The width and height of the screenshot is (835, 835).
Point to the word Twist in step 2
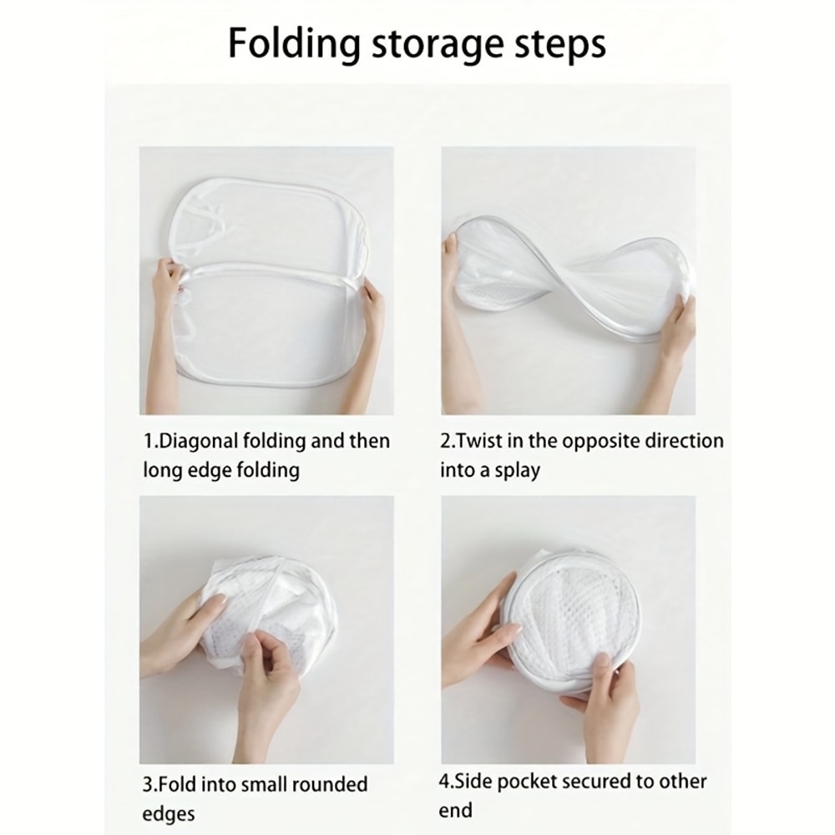point(481,441)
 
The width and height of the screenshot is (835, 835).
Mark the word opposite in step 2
point(597,441)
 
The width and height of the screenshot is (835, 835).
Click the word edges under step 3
point(169,814)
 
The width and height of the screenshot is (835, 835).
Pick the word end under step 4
point(455,811)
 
